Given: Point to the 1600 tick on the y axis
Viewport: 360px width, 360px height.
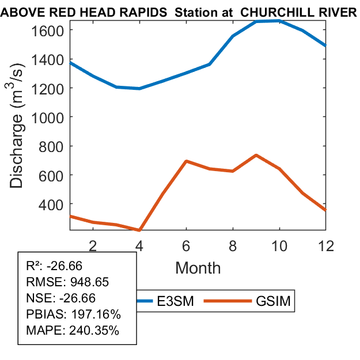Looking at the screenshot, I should coord(50,30).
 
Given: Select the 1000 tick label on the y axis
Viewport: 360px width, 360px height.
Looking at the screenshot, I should coord(50,117).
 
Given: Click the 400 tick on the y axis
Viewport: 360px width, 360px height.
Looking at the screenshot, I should coord(55,204).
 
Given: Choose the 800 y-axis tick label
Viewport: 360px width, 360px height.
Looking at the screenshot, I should coord(55,146).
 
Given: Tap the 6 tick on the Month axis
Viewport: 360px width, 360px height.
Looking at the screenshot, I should coord(186,245).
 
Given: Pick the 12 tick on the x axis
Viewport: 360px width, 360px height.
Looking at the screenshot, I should coord(326,245).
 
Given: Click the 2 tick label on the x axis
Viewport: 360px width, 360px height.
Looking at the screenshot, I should coord(93,245).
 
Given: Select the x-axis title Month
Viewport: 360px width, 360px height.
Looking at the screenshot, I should coord(198,267).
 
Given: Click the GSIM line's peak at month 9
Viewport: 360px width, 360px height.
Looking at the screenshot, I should coord(256,155).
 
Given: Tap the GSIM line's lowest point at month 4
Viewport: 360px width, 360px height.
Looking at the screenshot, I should coord(139,230).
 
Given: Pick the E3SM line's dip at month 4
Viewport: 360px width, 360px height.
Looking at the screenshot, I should coord(139,89).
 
